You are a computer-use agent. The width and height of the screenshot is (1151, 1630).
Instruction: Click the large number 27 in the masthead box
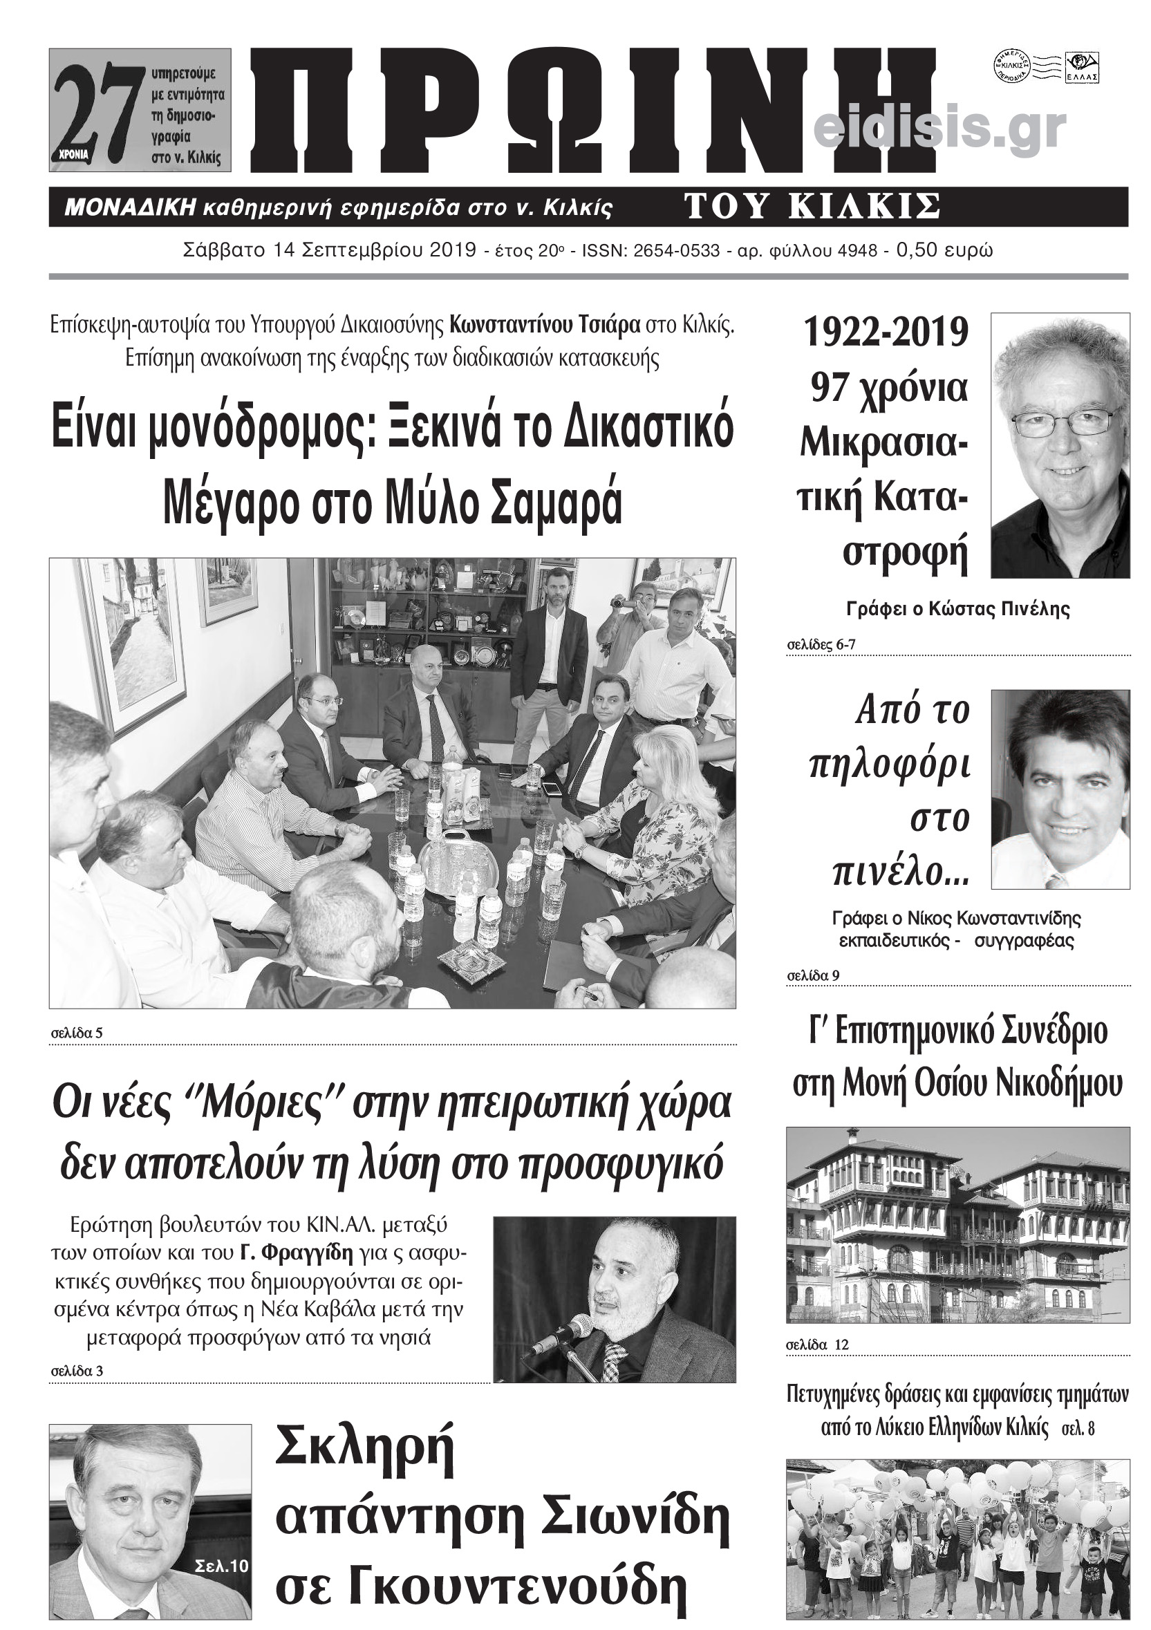coord(96,110)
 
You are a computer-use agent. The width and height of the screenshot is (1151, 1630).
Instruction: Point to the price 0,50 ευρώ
coord(944,251)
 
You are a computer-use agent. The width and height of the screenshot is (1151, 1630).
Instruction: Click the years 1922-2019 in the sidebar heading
coord(886,332)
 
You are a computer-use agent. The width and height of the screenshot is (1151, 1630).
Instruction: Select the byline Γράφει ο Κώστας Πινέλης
coord(958,608)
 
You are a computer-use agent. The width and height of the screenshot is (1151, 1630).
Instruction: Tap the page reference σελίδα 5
coord(77,1033)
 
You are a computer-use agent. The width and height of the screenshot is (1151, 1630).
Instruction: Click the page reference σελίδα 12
coord(817,1345)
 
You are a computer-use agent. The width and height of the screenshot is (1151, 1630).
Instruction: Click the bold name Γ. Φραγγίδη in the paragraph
coord(296,1253)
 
